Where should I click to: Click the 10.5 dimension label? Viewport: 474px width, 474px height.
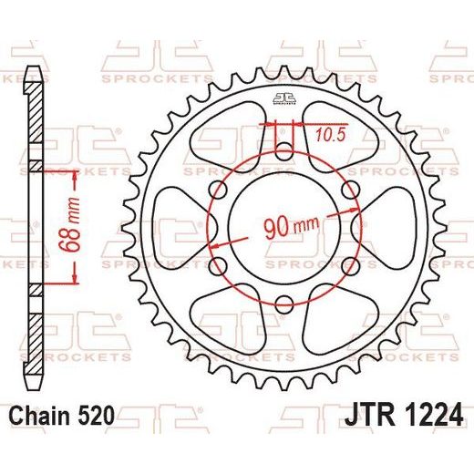point(331,135)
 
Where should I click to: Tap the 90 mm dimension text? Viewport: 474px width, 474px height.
point(292,227)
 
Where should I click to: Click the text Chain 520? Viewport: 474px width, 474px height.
point(62,416)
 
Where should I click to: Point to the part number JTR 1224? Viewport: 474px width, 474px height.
point(404,415)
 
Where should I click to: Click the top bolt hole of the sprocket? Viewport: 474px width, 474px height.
point(284,151)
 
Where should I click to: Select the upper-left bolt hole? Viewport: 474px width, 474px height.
point(218,190)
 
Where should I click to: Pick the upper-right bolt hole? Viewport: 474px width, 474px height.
point(350,190)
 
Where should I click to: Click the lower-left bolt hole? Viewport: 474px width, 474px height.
point(218,266)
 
